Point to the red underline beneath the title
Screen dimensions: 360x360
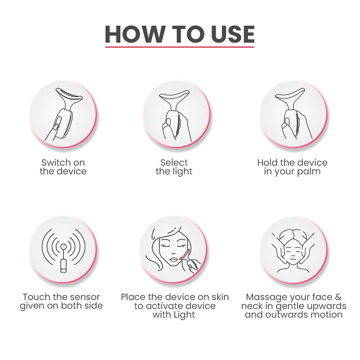pos(180,47)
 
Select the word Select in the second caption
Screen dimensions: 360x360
pos(174,162)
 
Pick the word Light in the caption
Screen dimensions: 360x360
pos(185,315)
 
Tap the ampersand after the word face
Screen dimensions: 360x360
pos(338,297)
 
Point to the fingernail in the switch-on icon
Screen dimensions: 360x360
pos(55,127)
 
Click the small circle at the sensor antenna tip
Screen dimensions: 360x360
pos(63,247)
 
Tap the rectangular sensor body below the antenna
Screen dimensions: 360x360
pos(63,266)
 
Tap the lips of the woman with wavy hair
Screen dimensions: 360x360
pos(174,260)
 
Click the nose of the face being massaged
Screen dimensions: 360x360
pos(293,254)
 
